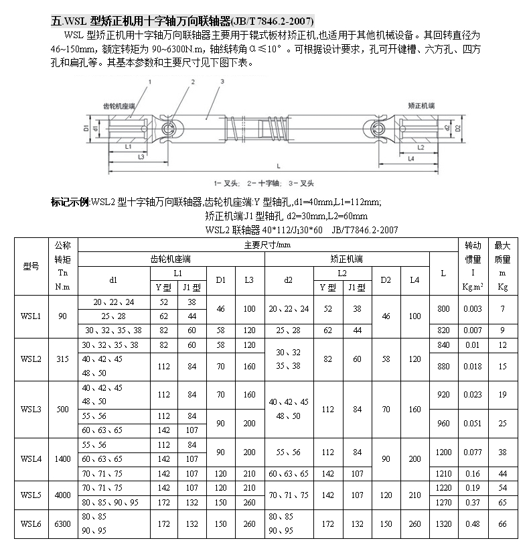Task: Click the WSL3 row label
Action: coord(31,408)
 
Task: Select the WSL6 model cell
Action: coord(31,524)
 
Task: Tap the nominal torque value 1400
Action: coord(63,459)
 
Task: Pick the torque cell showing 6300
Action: coord(63,524)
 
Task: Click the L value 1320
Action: coord(443,524)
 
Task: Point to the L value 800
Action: coord(443,308)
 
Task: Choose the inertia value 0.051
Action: coord(473,423)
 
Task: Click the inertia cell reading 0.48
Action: coord(473,524)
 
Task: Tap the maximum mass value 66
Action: coord(502,524)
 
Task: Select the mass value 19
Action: coord(502,395)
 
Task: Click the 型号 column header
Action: coord(31,266)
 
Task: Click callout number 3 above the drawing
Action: coord(221,82)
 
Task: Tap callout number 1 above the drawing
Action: coord(151,81)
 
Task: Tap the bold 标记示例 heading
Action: coord(70,202)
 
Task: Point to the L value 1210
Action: coord(443,474)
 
